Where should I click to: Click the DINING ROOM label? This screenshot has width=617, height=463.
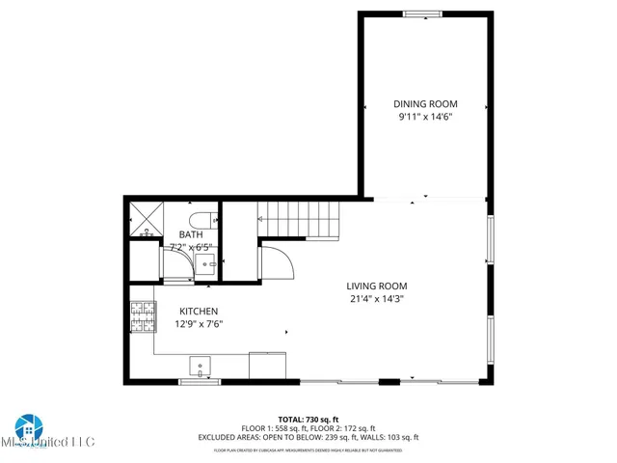(x=425, y=104)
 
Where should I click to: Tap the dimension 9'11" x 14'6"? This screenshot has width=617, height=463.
(x=425, y=117)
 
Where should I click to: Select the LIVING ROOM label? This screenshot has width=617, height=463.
(x=377, y=286)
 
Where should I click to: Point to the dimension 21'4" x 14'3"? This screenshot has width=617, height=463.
(x=377, y=299)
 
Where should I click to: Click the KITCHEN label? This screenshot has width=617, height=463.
(x=199, y=312)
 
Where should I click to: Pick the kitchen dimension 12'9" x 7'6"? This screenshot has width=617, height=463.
(x=199, y=325)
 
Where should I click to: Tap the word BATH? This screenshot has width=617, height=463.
(x=191, y=234)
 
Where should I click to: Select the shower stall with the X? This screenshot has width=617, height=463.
(x=146, y=220)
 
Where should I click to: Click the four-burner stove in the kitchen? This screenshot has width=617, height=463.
(x=143, y=312)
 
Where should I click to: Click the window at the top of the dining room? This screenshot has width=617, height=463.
(x=422, y=14)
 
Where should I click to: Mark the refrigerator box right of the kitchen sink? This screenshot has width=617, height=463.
(x=267, y=366)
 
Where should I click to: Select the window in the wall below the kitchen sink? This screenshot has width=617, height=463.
(x=200, y=382)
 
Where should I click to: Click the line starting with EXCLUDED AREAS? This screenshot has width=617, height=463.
(x=308, y=437)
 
